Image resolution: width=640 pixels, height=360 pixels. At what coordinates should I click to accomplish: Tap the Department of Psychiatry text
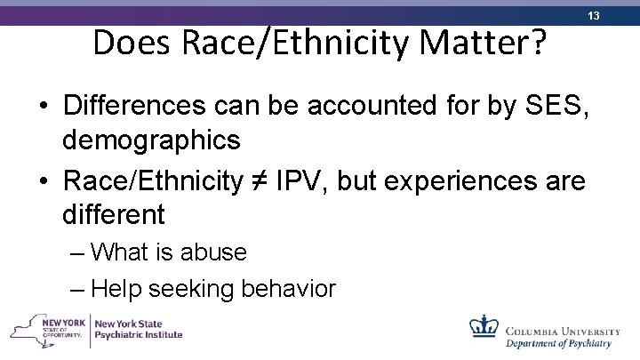[x=559, y=342]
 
